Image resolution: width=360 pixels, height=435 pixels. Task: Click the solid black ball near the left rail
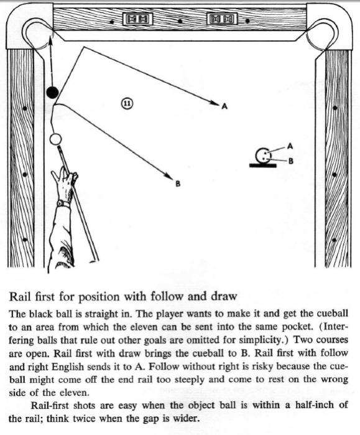pyautogui.click(x=52, y=92)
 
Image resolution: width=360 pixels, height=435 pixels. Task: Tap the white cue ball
pyautogui.click(x=55, y=139)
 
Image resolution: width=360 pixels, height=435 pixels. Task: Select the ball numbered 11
pyautogui.click(x=127, y=103)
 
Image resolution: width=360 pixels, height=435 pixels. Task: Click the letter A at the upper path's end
pyautogui.click(x=224, y=106)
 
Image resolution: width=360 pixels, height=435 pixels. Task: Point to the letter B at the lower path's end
pyautogui.click(x=178, y=184)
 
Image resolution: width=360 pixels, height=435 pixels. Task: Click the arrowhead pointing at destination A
pyautogui.click(x=215, y=103)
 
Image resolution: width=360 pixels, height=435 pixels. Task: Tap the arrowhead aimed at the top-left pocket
pyautogui.click(x=50, y=40)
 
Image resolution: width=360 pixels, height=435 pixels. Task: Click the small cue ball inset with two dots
pyautogui.click(x=262, y=156)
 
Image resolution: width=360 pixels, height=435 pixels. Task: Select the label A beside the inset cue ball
pyautogui.click(x=290, y=146)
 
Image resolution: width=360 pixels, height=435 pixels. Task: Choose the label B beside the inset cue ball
pyautogui.click(x=291, y=161)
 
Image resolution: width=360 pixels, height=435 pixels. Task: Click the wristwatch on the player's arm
pyautogui.click(x=63, y=204)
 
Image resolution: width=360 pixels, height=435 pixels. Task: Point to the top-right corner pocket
pyautogui.click(x=323, y=35)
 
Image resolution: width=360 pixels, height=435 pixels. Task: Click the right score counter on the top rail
pyautogui.click(x=222, y=19)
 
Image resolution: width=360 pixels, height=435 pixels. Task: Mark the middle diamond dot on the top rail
pyautogui.click(x=180, y=21)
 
